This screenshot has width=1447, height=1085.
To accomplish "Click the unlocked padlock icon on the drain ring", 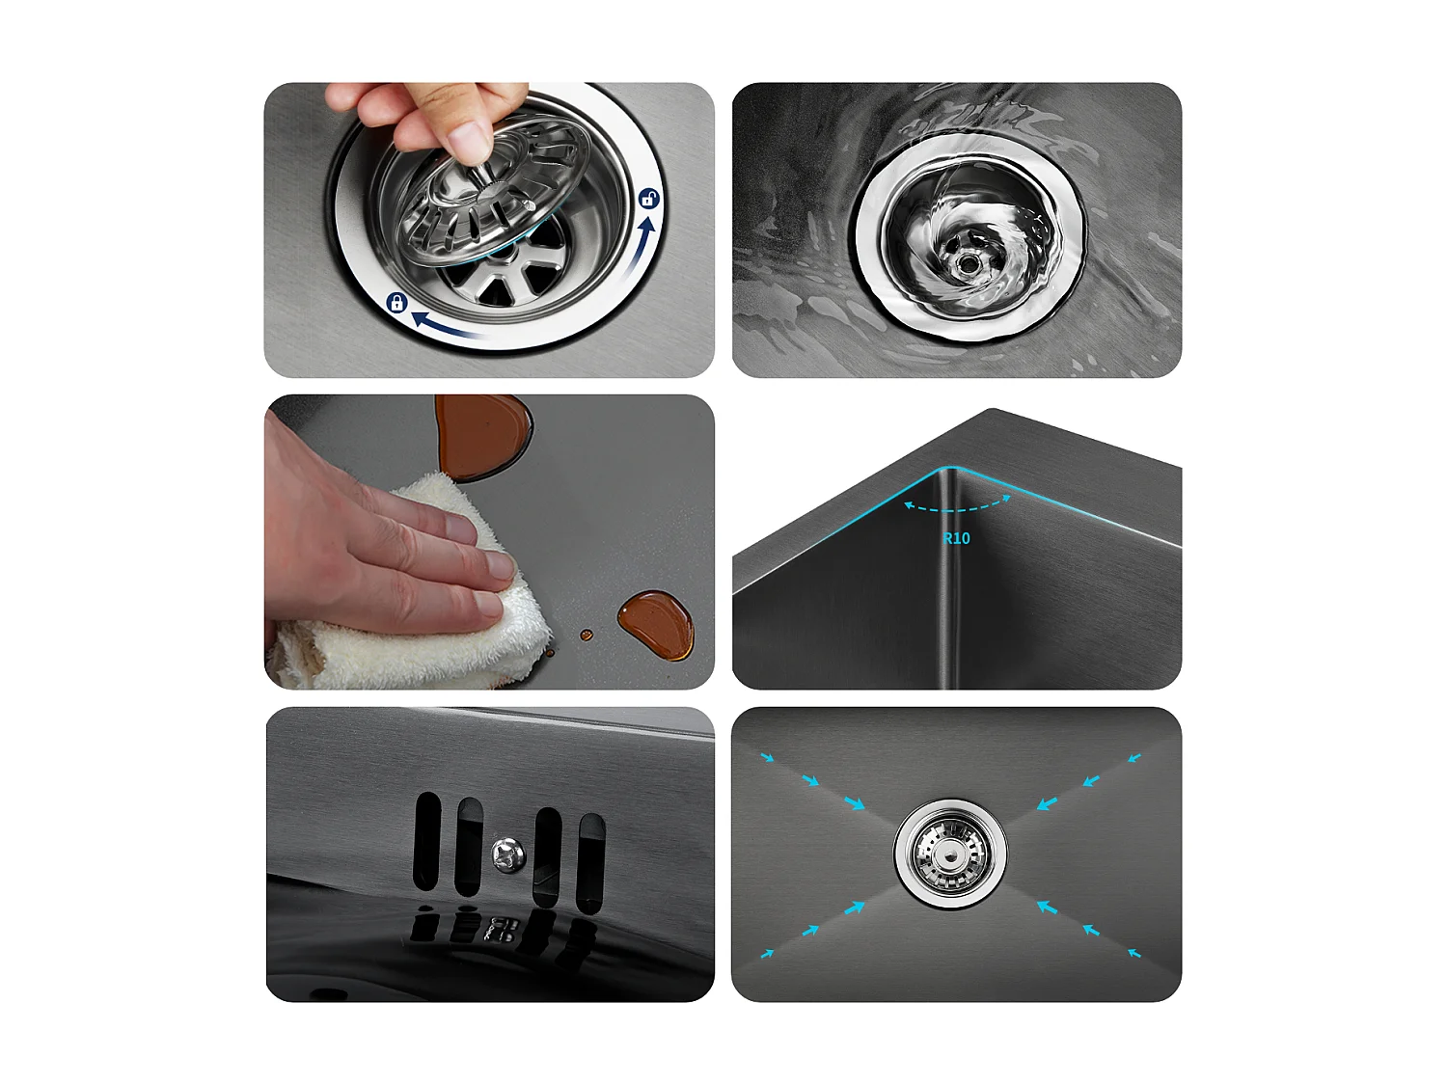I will point(649,199).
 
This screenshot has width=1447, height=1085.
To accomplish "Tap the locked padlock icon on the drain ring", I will point(396,303).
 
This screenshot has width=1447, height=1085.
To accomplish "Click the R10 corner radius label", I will point(956,538).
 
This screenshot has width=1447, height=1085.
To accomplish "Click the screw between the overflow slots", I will point(508,853).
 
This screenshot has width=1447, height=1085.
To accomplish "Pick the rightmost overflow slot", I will point(590,861).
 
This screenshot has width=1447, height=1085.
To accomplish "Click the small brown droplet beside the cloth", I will point(586,635).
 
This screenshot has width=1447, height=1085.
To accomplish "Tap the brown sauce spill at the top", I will point(479,435).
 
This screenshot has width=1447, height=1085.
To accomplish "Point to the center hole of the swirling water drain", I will point(967,261).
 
